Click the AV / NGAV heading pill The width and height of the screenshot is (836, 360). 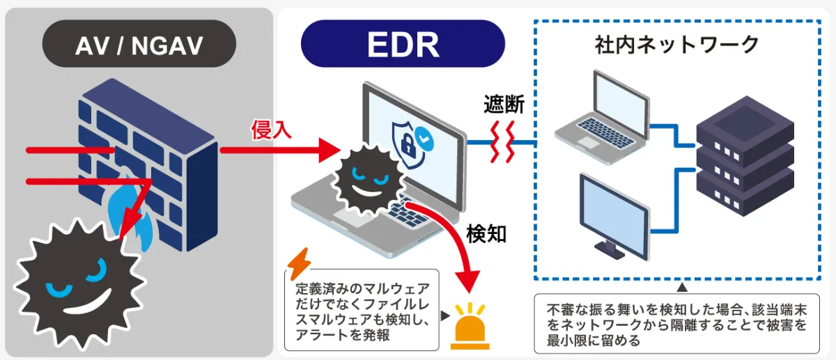(139, 44)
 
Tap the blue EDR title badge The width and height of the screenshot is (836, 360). (403, 44)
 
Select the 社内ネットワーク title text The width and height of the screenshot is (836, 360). (676, 45)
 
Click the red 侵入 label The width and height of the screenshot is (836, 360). (271, 130)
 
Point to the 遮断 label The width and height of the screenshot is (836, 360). (504, 104)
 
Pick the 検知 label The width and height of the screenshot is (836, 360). (487, 234)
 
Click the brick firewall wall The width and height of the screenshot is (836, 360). (148, 164)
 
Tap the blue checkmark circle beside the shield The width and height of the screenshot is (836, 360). (424, 139)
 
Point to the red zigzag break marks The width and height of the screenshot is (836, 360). (502, 142)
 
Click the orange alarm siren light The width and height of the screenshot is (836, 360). (470, 327)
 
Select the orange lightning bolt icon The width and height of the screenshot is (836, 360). (299, 263)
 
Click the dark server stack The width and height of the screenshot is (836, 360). (745, 156)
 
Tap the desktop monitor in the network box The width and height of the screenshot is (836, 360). (614, 217)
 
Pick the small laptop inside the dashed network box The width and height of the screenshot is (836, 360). (603, 118)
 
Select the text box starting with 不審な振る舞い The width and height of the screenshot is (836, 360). (676, 324)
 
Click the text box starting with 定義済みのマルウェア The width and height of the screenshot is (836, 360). (362, 310)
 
